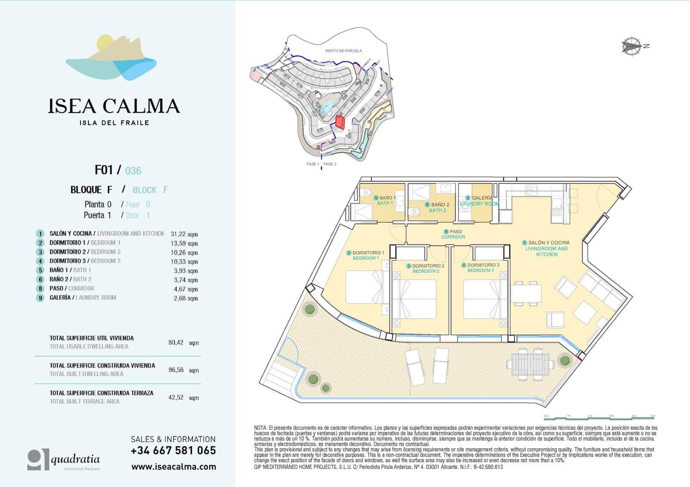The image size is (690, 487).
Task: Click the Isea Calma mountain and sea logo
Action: tap(111, 57)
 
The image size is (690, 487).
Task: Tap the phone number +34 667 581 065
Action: tap(173, 451)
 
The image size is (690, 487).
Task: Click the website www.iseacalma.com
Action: tap(173, 467)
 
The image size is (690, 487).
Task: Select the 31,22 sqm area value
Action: tap(184, 234)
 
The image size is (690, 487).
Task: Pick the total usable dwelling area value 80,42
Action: tap(176, 343)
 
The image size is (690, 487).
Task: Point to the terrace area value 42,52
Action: tap(176, 397)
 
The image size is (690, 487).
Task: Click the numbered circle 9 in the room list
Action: tap(40, 298)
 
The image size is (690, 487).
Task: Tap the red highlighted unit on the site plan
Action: tap(340, 122)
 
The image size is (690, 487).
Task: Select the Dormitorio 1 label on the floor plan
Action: tap(366, 255)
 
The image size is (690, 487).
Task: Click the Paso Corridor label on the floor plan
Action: tap(453, 234)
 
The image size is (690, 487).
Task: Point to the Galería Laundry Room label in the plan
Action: tap(479, 201)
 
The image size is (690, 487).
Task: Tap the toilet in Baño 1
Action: tap(367, 192)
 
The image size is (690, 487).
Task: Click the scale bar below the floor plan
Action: tap(600, 417)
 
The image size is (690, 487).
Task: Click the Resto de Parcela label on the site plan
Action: tap(343, 51)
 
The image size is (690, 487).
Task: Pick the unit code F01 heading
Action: tap(104, 170)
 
